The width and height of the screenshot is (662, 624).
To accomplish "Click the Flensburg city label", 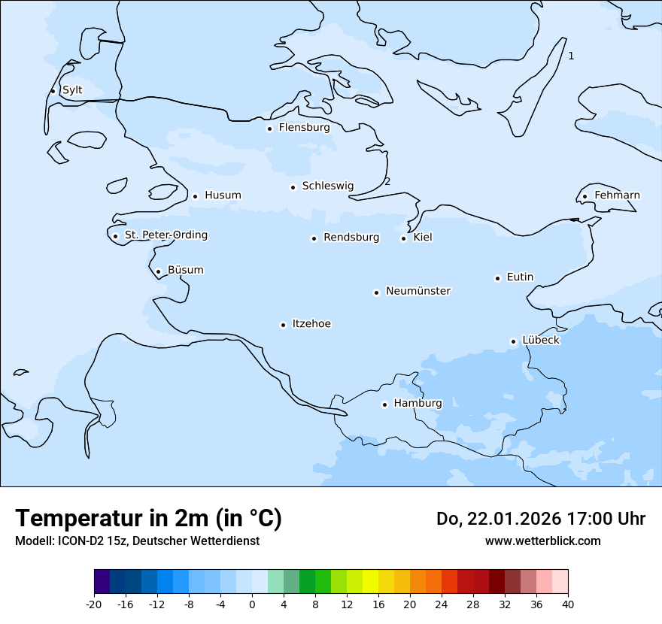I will (304, 128).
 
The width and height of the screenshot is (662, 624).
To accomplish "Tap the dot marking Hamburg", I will (384, 404).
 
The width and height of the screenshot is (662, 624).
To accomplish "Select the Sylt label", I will (72, 90).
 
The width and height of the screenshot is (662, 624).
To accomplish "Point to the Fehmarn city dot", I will (585, 197).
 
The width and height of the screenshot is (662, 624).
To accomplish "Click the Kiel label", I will (423, 238).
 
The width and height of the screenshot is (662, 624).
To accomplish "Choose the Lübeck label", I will (541, 341).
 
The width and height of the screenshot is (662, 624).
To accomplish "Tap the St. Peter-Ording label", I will (166, 235).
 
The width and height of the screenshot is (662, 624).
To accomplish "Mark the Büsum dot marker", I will (158, 272).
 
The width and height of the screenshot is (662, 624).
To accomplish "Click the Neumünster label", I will (418, 291).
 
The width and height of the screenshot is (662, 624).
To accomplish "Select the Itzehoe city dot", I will (283, 326).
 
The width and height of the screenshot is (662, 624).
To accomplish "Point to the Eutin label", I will (520, 277).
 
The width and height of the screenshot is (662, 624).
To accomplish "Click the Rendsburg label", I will (351, 238).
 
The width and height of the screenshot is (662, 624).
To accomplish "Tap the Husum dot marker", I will (195, 196).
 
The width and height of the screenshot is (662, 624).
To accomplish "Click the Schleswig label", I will (328, 186).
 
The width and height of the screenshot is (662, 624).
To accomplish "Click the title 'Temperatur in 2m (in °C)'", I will (148, 519).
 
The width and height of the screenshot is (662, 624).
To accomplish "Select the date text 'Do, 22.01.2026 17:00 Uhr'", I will (541, 519).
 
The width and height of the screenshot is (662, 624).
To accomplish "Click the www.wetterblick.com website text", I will (542, 541).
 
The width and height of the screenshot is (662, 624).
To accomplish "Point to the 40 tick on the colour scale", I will (568, 604).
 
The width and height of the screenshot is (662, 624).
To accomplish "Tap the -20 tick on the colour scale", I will (94, 604).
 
